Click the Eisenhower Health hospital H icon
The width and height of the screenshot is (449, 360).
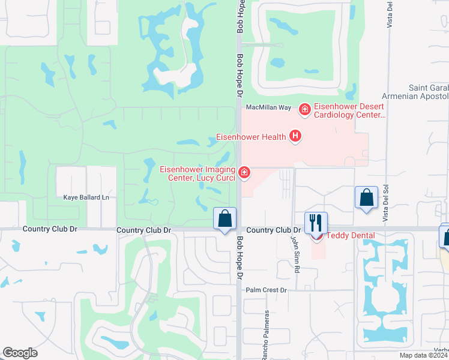tap(295, 137)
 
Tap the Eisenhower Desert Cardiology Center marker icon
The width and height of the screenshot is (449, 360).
tap(304, 109)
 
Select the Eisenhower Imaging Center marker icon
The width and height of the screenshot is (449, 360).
tap(244, 173)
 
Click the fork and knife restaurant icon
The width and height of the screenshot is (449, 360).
tap(315, 223)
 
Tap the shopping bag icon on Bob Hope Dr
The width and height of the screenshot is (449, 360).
tap(225, 220)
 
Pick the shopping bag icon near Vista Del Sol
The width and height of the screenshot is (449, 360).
tap(366, 199)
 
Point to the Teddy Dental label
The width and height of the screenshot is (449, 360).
tap(350, 236)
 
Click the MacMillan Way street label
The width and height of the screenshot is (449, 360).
tap(268, 107)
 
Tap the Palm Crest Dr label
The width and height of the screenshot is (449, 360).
tap(268, 290)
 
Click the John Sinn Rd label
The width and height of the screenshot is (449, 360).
tap(295, 254)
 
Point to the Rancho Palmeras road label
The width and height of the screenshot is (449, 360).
tap(264, 336)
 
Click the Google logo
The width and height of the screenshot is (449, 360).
tap(20, 353)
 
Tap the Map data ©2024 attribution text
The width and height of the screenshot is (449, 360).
tap(424, 355)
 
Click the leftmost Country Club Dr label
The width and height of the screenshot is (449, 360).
tap(50, 229)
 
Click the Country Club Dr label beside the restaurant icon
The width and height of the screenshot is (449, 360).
tap(273, 230)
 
